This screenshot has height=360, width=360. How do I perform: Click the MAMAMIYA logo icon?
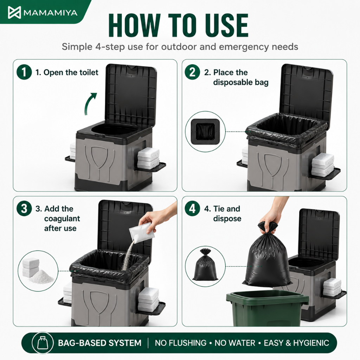click(x=14, y=12)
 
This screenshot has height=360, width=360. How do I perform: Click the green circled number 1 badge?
click(x=24, y=72)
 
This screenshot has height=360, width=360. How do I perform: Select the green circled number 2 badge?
click(x=192, y=72)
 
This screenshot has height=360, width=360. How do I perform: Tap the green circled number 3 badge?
click(x=24, y=208)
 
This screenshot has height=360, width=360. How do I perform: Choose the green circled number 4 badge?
click(x=192, y=208)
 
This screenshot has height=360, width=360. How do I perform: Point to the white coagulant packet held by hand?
click(x=141, y=232)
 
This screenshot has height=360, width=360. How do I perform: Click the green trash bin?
click(x=268, y=308)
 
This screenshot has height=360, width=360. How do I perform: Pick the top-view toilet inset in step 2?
click(x=205, y=131)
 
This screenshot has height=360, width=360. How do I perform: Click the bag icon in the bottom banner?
click(x=43, y=343)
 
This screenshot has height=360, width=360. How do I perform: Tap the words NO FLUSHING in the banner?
click(x=181, y=343)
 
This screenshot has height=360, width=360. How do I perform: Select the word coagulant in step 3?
click(x=62, y=219)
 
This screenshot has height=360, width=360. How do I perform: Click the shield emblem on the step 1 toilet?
click(x=99, y=157)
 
